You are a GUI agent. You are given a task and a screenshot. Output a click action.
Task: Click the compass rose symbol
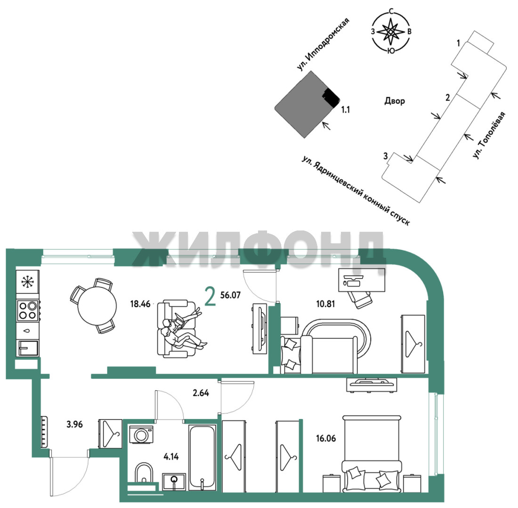click(391, 32)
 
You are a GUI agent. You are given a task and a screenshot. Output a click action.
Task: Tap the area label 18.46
click(140, 304)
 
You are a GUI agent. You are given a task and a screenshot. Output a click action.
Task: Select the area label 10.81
click(325, 304)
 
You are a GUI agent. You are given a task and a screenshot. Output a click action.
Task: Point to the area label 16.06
click(326, 438)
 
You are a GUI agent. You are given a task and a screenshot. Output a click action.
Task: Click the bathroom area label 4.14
click(171, 457)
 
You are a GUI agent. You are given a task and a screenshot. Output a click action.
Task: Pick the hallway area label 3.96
click(75, 424)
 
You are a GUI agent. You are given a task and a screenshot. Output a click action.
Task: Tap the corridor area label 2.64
click(201, 393)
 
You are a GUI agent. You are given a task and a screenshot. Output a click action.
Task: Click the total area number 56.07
click(230, 295)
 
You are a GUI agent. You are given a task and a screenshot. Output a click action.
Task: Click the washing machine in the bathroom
click(141, 435)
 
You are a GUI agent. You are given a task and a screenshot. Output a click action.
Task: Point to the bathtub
click(202, 458)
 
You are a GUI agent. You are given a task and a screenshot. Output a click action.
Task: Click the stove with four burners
click(28, 310)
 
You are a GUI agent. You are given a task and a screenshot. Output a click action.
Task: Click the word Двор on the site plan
click(395, 101)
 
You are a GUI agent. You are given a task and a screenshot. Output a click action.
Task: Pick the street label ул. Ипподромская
click(323, 45)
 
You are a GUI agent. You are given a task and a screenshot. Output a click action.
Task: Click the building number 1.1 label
click(346, 109)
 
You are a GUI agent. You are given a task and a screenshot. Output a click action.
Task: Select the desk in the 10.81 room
click(362, 280)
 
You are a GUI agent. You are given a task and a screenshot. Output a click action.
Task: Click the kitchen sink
click(28, 348)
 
